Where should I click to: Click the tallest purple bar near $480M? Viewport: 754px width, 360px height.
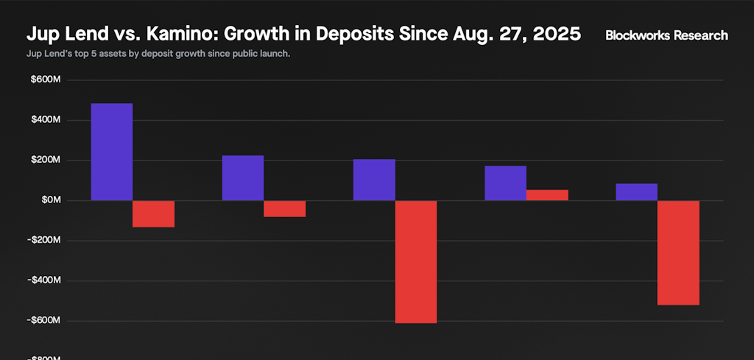click(111, 152)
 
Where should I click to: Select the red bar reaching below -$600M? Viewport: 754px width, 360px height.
click(416, 261)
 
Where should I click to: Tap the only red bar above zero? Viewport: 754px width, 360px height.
click(547, 195)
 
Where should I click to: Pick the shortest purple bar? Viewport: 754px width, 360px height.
click(636, 192)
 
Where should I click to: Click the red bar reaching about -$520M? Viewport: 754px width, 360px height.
click(678, 253)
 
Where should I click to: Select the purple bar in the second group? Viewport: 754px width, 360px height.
click(242, 178)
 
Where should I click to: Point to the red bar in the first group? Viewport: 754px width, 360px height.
click(153, 213)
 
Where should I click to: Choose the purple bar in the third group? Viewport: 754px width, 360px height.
click(374, 180)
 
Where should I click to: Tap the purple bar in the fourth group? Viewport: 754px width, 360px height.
click(505, 183)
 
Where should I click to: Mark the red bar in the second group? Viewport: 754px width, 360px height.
click(284, 208)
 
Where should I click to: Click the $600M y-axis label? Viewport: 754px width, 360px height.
click(45, 80)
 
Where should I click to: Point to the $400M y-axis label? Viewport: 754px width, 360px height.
click(45, 120)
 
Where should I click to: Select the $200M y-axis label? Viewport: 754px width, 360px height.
click(45, 160)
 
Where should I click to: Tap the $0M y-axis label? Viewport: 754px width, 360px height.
click(49, 200)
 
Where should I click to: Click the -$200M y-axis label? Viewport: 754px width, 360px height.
click(43, 241)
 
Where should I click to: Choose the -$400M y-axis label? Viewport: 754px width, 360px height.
click(43, 280)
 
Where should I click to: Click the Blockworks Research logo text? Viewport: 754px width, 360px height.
click(666, 35)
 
